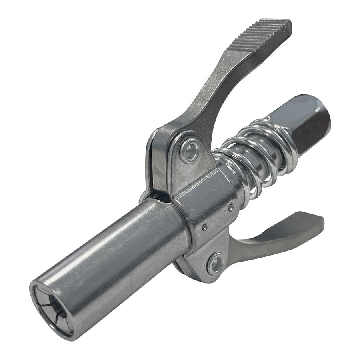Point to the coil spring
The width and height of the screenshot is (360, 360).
point(252,156)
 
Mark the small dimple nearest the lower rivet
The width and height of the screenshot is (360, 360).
point(205,227)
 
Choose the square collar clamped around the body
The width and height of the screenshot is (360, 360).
point(204,200)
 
